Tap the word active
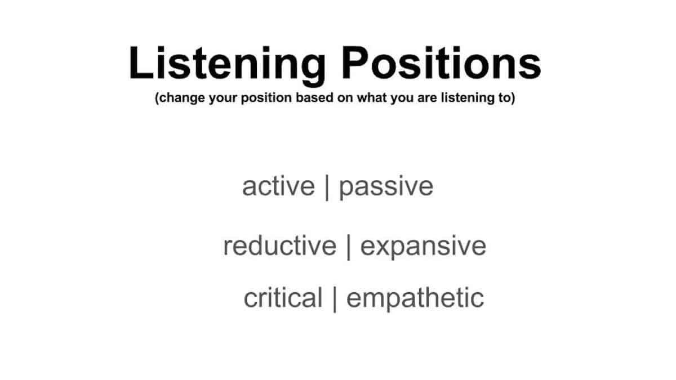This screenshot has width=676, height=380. coord(278,186)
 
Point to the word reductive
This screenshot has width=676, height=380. coord(279,246)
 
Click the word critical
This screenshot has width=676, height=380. coord(283,298)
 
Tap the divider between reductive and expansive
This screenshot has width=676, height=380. coord(348,247)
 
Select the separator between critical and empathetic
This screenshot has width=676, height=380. coord(335,298)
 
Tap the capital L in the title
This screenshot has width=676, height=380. coord(139,63)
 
